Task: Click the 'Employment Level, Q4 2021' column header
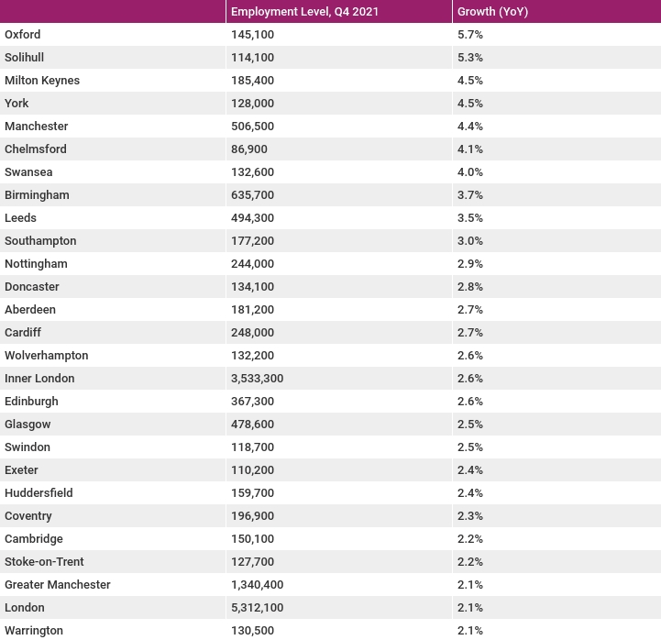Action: (304, 11)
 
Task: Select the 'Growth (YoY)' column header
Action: (492, 11)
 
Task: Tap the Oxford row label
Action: (23, 34)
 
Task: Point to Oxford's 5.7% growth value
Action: (470, 34)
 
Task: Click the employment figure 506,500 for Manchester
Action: (252, 126)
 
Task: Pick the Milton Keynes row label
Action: (42, 80)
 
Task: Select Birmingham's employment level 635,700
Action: (252, 194)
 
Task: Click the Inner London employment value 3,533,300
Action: (257, 378)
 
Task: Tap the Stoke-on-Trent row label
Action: (44, 561)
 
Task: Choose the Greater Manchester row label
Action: (58, 584)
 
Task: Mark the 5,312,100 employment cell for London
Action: (257, 608)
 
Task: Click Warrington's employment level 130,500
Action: (252, 630)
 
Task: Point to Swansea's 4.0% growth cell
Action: (470, 172)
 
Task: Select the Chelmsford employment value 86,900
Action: (249, 149)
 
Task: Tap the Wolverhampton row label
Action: (47, 356)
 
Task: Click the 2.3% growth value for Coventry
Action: (470, 515)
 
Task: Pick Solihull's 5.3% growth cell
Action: (470, 58)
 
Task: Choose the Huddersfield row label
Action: (39, 493)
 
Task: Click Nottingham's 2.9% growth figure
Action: (470, 263)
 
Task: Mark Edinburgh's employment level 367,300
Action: (252, 401)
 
